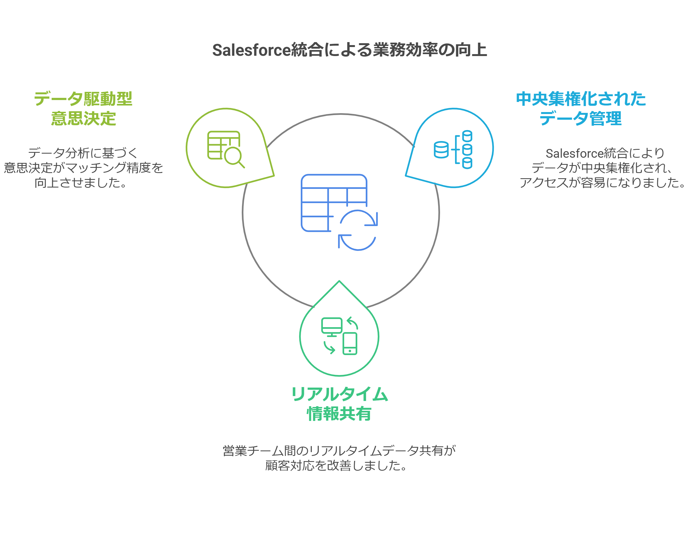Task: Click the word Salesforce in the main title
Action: [x=251, y=50]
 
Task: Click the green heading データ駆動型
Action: [x=83, y=99]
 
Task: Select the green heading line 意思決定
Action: [x=83, y=118]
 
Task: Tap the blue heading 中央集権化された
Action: [x=581, y=99]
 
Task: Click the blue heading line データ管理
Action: [x=580, y=118]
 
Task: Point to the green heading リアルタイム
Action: [x=340, y=394]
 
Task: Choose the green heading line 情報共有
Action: [x=339, y=414]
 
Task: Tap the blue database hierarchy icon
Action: [x=453, y=150]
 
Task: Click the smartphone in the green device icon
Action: [x=350, y=344]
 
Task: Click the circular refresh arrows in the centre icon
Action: [x=358, y=230]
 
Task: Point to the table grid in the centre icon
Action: [x=334, y=203]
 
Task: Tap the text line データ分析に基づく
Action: [x=83, y=153]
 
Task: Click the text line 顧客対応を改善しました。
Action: [x=336, y=465]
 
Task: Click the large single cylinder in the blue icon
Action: [x=441, y=150]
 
